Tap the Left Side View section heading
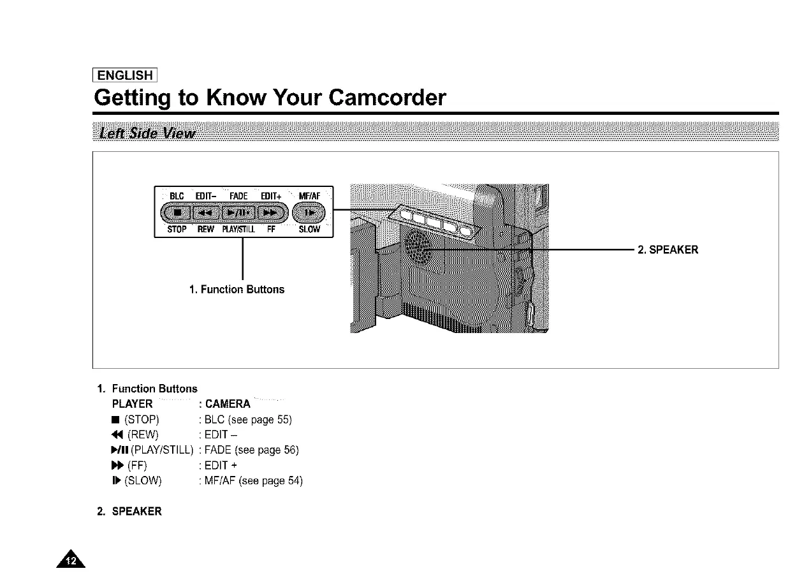pos(145,133)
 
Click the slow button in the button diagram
pos(311,212)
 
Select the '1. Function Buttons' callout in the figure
pos(237,290)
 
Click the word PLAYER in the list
pos(132,404)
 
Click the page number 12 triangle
pos(75,561)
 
